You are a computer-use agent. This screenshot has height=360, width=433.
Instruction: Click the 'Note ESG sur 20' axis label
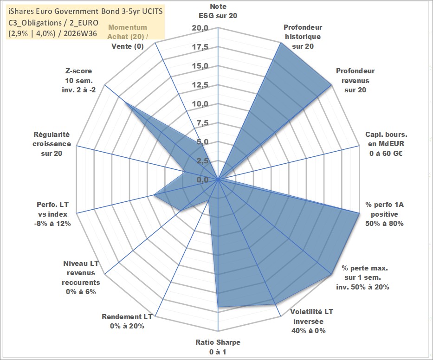218,11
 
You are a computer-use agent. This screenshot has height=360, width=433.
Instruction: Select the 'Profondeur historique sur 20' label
303,37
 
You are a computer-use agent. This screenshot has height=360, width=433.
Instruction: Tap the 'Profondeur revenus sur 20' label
355,80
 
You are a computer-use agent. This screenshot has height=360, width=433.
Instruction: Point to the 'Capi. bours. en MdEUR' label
386,139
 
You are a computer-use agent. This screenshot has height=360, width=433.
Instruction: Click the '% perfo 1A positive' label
384,209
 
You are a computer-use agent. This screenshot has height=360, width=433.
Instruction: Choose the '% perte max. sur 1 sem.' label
364,272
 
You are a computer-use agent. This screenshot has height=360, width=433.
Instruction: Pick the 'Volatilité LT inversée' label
311,316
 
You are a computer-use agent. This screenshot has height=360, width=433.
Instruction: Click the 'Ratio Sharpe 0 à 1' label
218,347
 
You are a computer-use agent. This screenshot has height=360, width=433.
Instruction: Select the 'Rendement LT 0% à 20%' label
127,321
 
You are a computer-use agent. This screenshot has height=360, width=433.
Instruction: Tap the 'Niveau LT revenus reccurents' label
81,273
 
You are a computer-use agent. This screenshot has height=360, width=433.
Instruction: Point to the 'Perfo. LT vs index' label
52,209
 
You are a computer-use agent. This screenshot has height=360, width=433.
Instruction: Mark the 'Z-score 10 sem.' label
79,76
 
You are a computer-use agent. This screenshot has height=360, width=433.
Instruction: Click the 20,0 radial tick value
200,28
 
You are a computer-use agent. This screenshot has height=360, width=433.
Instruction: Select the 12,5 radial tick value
200,85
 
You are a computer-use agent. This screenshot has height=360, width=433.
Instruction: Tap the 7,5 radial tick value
202,123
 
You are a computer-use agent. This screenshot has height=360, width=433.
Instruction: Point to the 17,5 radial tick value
200,47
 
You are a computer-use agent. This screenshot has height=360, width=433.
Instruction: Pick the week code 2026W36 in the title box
80,34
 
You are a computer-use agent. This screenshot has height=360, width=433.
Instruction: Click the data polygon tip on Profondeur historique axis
281,43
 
